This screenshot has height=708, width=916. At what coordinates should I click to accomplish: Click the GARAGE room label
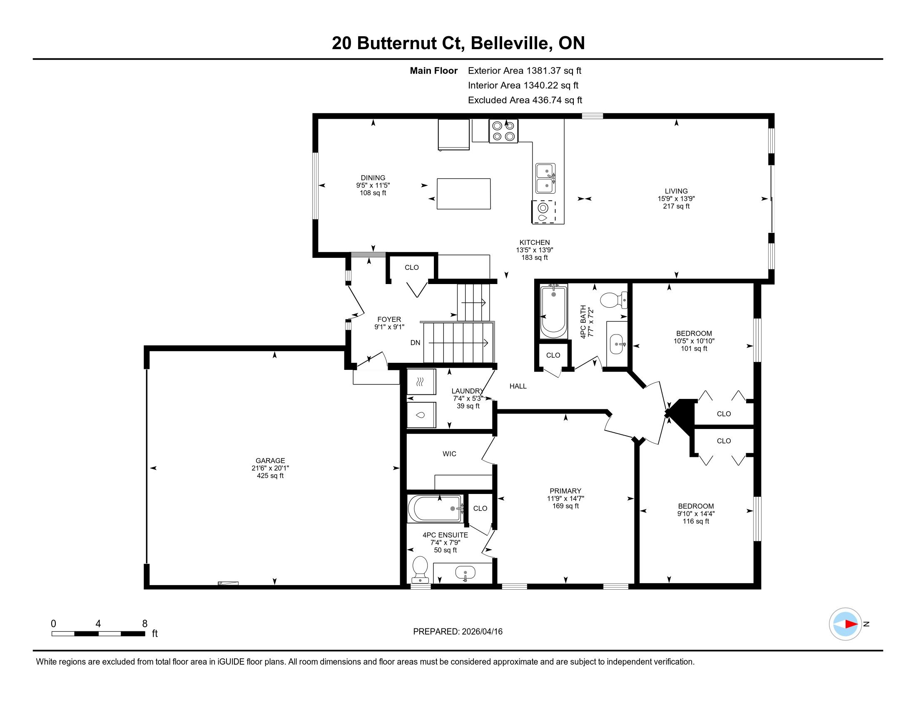(270, 461)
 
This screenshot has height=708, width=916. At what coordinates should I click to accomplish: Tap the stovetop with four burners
(504, 131)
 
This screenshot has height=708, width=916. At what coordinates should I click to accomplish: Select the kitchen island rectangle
(463, 194)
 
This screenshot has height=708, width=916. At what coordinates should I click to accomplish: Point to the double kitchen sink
(546, 178)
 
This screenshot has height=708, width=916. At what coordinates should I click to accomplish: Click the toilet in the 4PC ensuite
(420, 570)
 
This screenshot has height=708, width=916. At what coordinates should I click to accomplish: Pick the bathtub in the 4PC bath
(554, 311)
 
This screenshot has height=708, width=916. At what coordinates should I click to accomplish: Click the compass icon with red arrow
(845, 624)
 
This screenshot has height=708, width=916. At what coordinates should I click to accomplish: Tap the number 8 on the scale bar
(145, 624)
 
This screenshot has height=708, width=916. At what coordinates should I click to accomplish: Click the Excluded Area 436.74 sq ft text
(525, 100)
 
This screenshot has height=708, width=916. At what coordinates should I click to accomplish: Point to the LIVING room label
(676, 191)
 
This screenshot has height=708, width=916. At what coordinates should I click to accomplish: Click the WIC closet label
(449, 454)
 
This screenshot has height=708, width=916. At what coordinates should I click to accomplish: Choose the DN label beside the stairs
(415, 343)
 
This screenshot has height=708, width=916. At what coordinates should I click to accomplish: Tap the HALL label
(518, 386)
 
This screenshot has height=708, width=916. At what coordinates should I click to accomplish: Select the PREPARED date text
(458, 632)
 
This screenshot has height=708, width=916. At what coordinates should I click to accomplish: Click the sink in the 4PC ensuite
(465, 573)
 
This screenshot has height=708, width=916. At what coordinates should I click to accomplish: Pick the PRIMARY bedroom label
(565, 491)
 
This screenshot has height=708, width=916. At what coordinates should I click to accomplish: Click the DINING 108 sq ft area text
(373, 193)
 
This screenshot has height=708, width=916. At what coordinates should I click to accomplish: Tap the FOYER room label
(389, 319)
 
